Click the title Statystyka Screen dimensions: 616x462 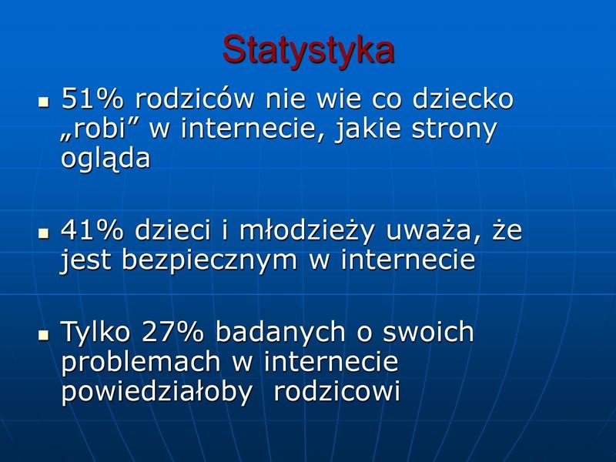[x=308, y=51]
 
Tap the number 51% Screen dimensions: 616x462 [x=92, y=99]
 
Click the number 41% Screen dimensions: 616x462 [x=92, y=229]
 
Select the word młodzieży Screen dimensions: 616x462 [x=306, y=230]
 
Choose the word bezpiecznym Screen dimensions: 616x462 [x=209, y=260]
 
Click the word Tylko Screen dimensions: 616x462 [x=95, y=331]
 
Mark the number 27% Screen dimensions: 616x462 [x=172, y=332]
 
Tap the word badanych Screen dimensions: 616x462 [x=280, y=333]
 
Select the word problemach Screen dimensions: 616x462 [x=140, y=362]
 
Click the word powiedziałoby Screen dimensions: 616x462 [x=156, y=392]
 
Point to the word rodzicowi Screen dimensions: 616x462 [x=336, y=390]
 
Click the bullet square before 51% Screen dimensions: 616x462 [x=44, y=102]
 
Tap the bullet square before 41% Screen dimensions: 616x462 [x=44, y=233]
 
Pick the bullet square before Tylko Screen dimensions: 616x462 [x=44, y=336]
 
